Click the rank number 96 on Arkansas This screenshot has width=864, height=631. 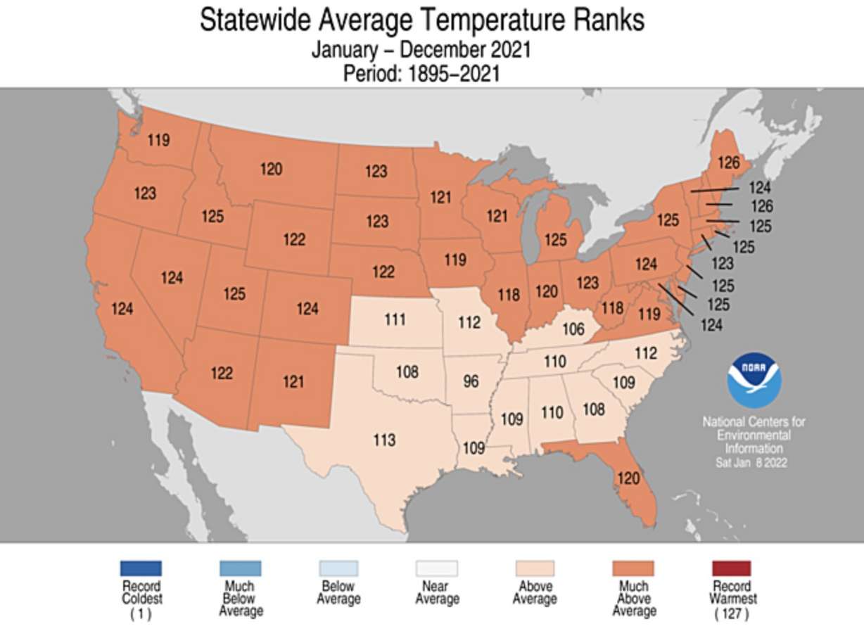point(471,382)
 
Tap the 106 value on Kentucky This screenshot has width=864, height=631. point(573,329)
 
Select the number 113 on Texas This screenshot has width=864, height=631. point(384,440)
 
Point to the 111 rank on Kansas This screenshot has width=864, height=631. point(395,319)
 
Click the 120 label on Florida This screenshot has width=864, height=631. point(628,478)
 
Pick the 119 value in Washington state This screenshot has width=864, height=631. point(158,140)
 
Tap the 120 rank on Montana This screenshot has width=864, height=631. point(271,169)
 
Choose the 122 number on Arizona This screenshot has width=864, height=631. point(222,374)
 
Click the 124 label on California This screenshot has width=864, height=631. point(122,308)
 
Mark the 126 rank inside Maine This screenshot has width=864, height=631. point(728,162)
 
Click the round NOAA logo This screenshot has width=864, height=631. point(754,380)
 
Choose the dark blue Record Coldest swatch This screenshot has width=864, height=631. point(141,568)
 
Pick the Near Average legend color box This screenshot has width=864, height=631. point(436,568)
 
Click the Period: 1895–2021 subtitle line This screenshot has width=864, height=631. point(421,73)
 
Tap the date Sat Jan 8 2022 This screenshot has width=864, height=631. point(751,462)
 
